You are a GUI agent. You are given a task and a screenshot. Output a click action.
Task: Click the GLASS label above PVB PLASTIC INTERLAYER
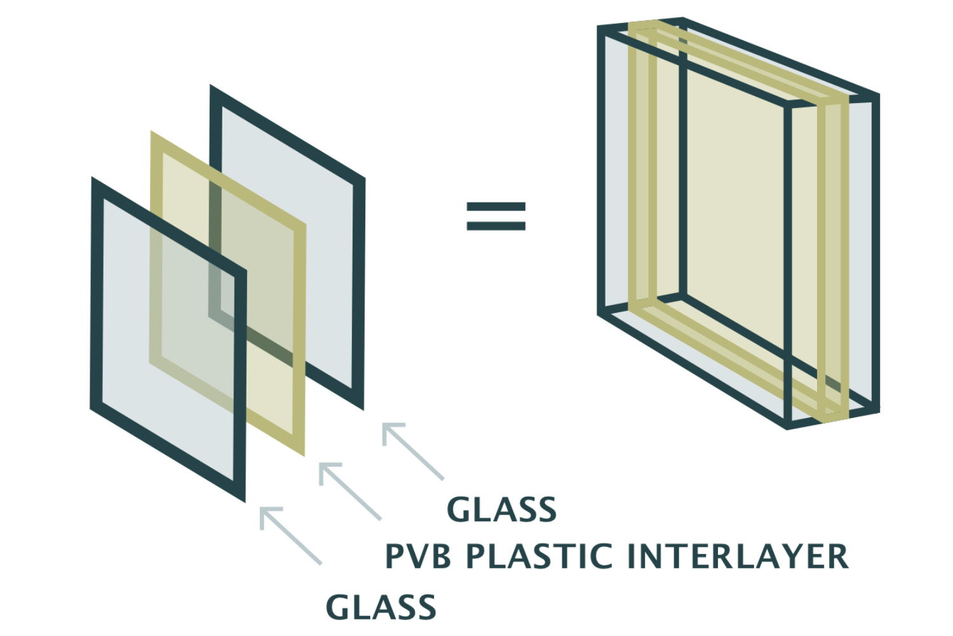(x=502, y=509)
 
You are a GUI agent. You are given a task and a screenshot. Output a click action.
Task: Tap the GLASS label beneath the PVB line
(x=381, y=607)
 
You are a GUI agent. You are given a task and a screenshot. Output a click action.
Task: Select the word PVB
(x=418, y=556)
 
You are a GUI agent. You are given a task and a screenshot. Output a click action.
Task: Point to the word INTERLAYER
(x=737, y=556)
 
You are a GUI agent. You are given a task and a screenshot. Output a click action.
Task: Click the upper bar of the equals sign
(x=496, y=207)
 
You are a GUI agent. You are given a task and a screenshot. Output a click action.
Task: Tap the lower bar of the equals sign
(x=496, y=225)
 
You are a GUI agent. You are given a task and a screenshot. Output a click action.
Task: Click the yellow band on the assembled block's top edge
(x=731, y=60)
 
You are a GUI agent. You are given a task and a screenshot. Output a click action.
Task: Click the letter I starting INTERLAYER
(x=633, y=556)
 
